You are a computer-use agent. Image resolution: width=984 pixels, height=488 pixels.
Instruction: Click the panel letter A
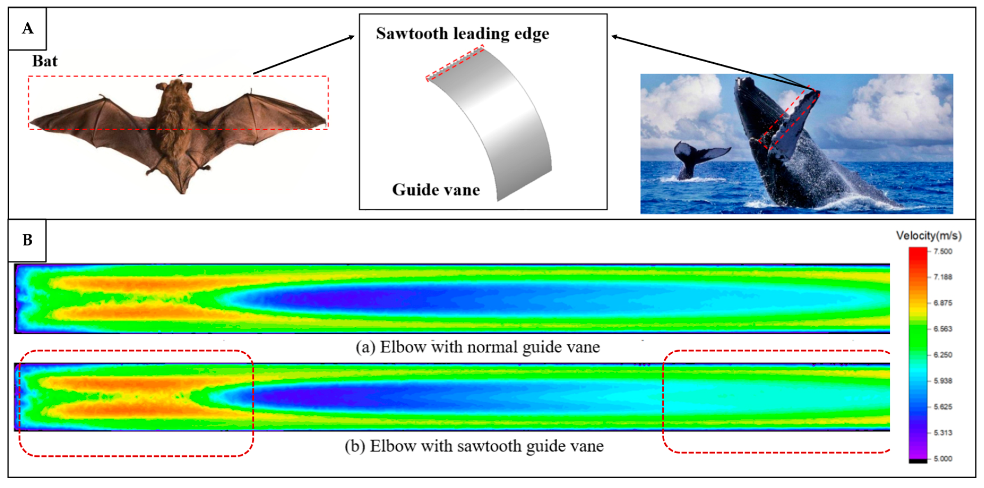(x=28, y=29)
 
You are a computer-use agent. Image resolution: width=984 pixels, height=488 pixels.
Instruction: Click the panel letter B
(x=28, y=240)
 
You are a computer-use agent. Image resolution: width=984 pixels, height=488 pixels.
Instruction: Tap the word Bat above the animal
(x=45, y=61)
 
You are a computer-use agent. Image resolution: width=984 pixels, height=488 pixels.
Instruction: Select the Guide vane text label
(x=436, y=190)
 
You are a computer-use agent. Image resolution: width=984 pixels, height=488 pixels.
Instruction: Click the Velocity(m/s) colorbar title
(x=929, y=236)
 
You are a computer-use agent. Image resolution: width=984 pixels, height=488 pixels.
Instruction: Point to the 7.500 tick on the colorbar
(x=943, y=251)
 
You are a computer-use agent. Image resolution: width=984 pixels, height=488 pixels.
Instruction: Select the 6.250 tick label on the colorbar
(x=943, y=355)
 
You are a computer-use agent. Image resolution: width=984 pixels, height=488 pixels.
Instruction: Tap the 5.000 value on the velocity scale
(x=943, y=459)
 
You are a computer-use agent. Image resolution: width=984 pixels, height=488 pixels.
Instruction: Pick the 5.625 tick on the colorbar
(x=943, y=407)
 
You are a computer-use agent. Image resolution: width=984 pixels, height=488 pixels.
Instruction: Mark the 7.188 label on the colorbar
(x=943, y=277)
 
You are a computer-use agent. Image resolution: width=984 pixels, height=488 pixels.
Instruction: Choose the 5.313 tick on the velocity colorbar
(x=943, y=433)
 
